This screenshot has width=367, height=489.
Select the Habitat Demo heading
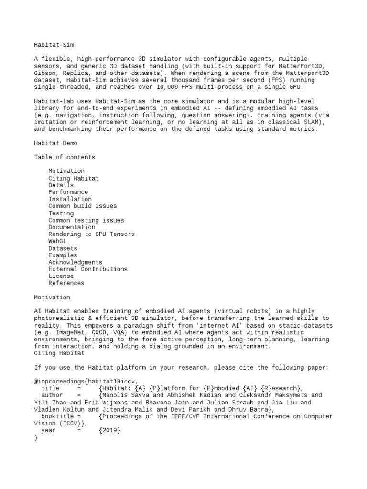click(55, 143)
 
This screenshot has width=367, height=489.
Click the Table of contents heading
click(65, 157)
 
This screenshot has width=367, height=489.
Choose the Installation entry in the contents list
click(70, 199)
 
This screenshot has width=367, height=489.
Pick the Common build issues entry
click(82, 206)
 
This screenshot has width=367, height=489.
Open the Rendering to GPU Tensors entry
click(91, 234)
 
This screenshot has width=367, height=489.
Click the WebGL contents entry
click(57, 241)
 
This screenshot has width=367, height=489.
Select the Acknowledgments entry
click(75, 262)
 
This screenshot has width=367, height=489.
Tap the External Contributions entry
click(88, 269)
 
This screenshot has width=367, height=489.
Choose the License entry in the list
click(61, 276)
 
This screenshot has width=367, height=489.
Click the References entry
click(66, 283)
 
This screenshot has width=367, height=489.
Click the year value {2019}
click(110, 430)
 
